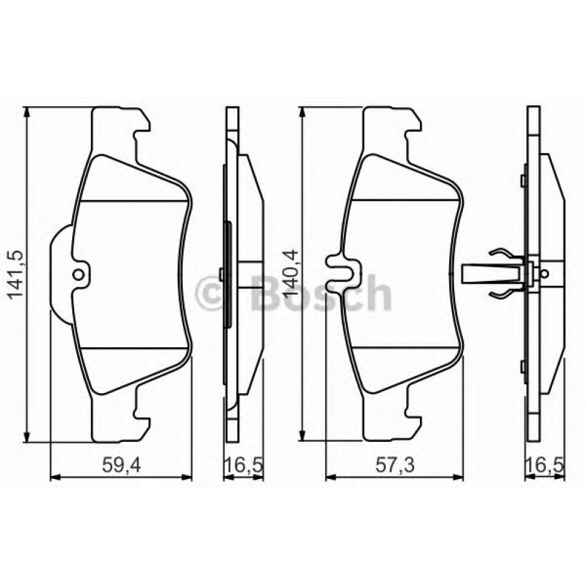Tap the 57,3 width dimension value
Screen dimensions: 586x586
coord(394,464)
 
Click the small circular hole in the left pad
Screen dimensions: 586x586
coord(79,275)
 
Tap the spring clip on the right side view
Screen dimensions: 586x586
coord(499,274)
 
